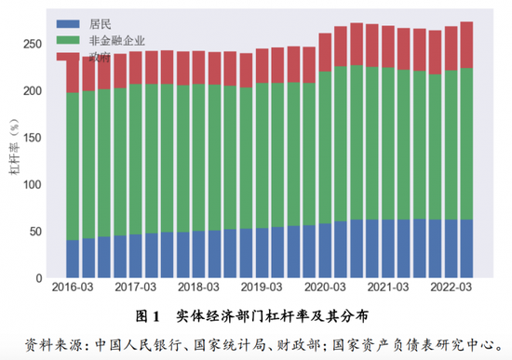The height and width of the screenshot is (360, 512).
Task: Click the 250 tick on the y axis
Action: click(x=32, y=44)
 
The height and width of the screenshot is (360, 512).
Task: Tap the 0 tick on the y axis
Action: click(x=37, y=278)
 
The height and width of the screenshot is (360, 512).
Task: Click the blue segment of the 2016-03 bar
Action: click(x=73, y=259)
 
